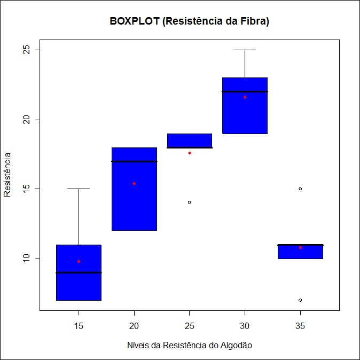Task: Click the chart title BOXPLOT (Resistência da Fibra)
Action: tap(189, 21)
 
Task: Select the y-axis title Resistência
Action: tap(7, 175)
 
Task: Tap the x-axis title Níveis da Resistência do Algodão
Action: tap(189, 345)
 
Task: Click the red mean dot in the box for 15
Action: tap(79, 261)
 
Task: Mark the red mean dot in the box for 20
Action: tap(134, 183)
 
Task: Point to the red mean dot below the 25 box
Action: tap(189, 153)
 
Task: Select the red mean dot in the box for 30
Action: tap(245, 97)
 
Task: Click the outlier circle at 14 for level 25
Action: tap(189, 202)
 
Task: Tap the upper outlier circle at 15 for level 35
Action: tap(300, 189)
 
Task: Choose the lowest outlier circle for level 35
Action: tap(300, 300)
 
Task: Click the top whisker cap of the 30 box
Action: tap(245, 50)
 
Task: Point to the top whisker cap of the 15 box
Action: tap(79, 189)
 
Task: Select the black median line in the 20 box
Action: tap(134, 161)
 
